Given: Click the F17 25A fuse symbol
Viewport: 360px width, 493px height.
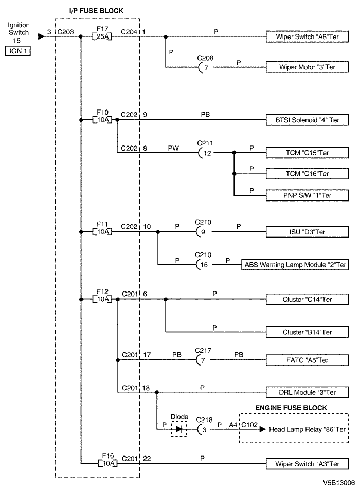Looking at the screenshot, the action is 102,36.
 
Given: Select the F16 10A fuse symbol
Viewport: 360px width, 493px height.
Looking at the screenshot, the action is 107,463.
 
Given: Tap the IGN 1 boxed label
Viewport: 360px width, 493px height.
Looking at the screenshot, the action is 17,51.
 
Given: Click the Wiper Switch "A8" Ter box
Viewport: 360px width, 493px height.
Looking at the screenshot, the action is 307,36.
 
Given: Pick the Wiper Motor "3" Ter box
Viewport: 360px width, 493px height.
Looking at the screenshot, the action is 307,67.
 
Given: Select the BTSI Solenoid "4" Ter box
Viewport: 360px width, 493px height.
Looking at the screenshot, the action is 307,120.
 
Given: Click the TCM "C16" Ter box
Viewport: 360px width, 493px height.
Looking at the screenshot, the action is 307,174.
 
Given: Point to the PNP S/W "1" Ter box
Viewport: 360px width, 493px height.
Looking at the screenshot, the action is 307,195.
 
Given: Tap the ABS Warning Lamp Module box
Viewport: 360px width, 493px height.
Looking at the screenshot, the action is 295,265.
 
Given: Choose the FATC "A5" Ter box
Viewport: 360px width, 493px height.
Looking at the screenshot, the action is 307,360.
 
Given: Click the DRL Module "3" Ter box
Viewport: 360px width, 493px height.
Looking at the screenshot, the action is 307,392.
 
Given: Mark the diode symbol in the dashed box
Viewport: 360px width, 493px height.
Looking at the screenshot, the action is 179,429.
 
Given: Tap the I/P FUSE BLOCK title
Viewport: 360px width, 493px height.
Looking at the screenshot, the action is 96,11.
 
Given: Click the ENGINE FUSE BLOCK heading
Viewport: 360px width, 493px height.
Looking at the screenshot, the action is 291,408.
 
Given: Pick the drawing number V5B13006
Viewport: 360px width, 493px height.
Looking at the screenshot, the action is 338,483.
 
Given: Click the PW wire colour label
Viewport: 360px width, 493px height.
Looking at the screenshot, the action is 173,148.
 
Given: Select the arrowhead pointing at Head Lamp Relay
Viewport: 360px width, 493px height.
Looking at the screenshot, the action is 262,429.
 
